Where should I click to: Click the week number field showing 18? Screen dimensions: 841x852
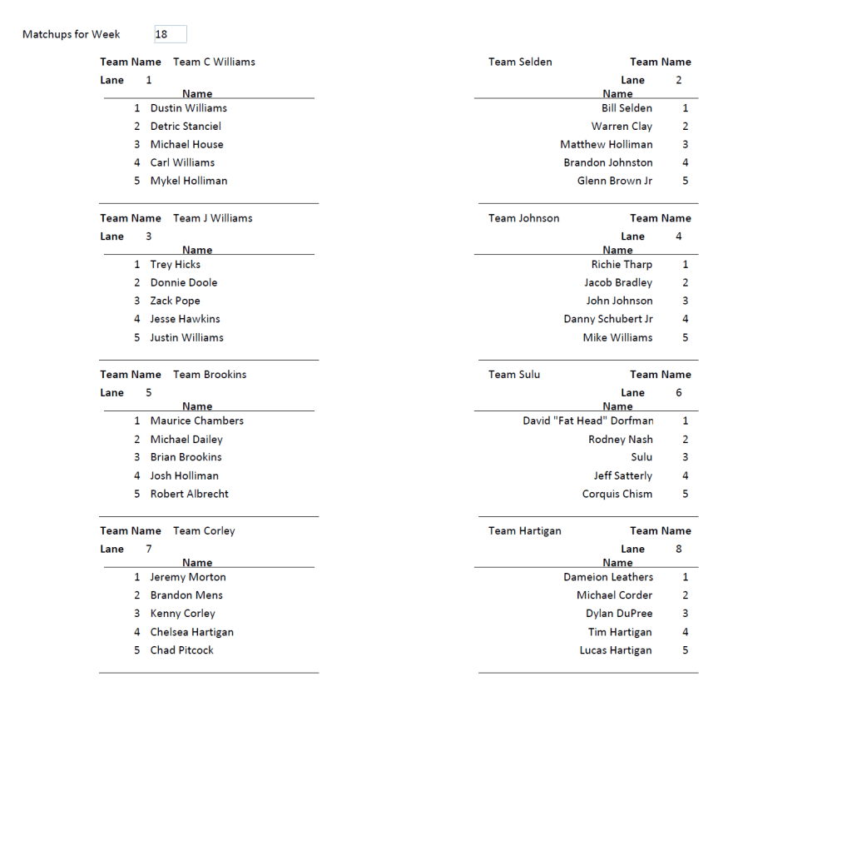coord(170,34)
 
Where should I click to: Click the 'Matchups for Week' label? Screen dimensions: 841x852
coord(72,34)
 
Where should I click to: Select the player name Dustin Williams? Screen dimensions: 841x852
coord(188,108)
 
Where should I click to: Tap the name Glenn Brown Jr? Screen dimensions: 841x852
coord(615,181)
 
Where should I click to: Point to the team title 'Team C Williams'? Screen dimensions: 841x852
coord(214,62)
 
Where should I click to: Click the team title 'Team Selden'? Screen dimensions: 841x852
coord(520,62)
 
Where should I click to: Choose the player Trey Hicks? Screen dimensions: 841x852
coord(175,265)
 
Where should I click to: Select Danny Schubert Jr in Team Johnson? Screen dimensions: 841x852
coord(608,319)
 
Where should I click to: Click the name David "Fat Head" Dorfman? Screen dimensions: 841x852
coord(588,420)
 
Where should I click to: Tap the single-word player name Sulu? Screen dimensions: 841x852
coord(641,457)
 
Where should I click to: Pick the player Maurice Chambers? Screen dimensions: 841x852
coord(196,420)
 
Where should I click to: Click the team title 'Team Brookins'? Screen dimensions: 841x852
coord(210,375)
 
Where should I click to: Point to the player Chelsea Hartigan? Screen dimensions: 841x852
coord(191,632)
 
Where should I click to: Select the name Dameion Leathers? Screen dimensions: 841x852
coord(608,577)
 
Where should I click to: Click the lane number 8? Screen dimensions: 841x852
coord(679,549)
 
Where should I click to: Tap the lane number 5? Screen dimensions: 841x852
coord(149,393)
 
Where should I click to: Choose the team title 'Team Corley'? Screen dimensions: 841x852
coord(204,530)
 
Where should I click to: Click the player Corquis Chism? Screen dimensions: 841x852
coord(617,494)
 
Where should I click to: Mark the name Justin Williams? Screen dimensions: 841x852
coord(186,337)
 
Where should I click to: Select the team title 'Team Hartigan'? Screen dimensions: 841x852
coord(524,530)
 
